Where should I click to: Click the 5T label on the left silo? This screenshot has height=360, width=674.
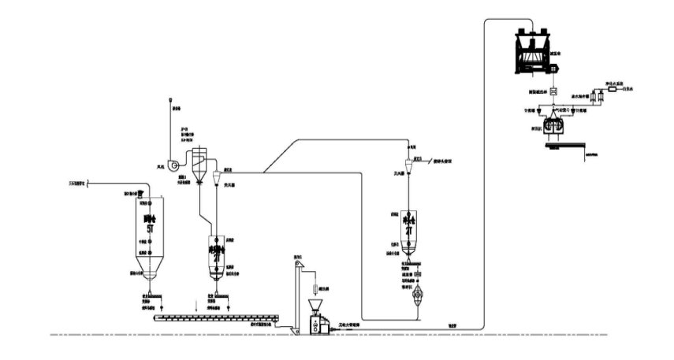(x=146, y=222)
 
